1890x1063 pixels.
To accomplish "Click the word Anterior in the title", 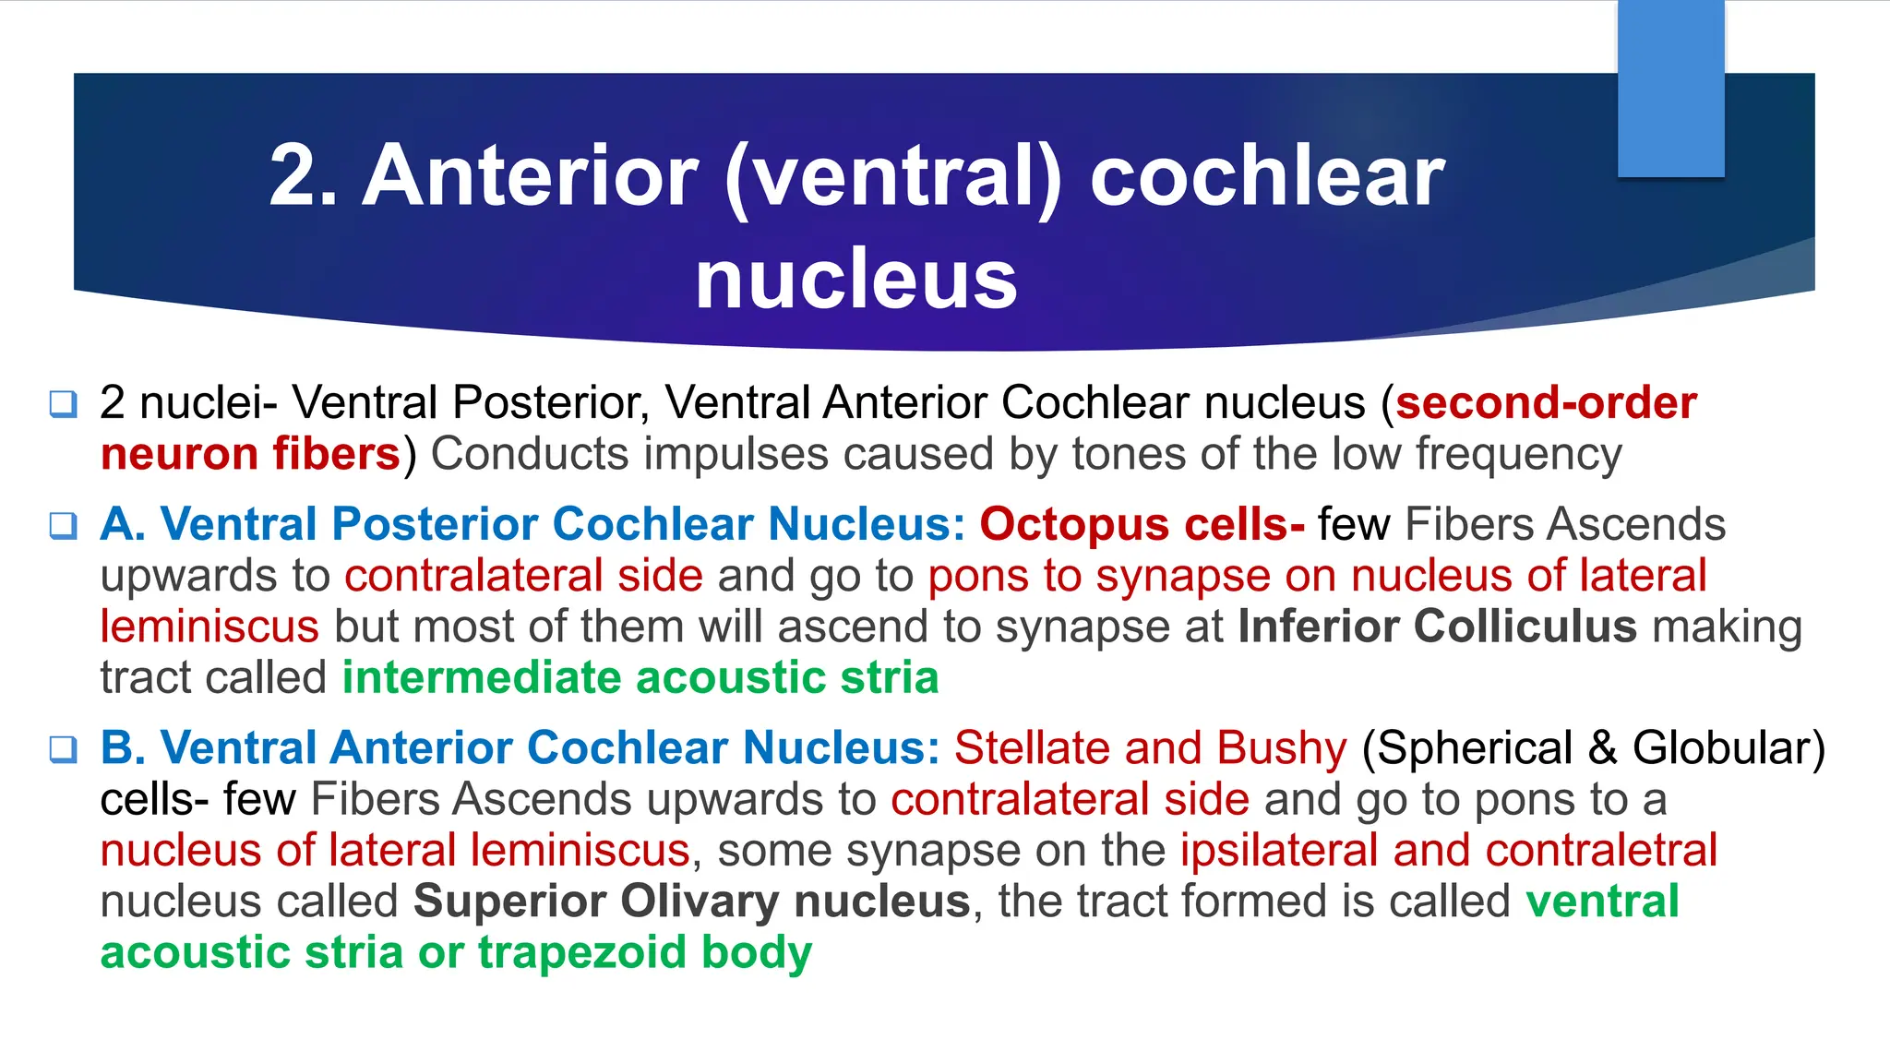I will pos(531,176).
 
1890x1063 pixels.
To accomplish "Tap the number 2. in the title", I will pos(303,176).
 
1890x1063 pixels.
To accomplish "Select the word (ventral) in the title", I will pos(893,176).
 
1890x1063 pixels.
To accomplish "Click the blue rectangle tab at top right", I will pos(1670,89).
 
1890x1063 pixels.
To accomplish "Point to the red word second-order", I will pos(1546,403).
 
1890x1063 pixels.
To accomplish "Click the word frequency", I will pos(1518,454).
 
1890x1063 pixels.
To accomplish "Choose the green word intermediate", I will pos(481,678).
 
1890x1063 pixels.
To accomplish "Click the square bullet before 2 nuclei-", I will pos(63,403).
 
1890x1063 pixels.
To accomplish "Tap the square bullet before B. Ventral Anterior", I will pos(63,748).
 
